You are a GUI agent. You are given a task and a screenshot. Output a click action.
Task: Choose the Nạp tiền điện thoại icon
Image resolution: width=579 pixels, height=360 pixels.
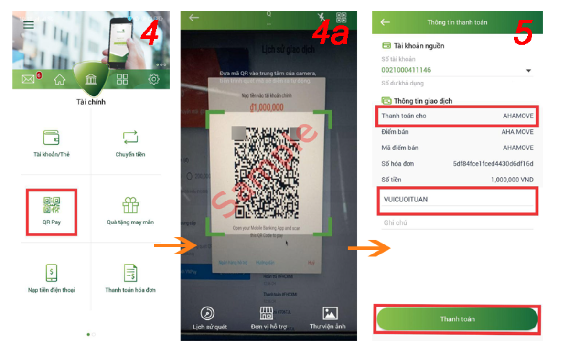click(x=51, y=274)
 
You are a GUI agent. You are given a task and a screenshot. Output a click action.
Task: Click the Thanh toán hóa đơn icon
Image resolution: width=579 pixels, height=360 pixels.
click(x=130, y=273)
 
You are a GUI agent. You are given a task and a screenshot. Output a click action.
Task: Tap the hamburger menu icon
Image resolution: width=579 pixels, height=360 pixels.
click(x=29, y=25)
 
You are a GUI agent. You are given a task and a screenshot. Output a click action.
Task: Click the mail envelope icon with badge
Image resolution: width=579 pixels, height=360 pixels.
click(x=29, y=79)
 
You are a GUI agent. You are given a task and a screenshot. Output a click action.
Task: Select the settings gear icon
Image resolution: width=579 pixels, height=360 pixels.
click(x=154, y=79)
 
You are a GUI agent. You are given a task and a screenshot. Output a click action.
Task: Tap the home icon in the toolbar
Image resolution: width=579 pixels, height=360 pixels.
click(x=59, y=80)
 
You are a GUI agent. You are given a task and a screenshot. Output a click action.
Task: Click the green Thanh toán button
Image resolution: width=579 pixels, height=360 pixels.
click(x=457, y=319)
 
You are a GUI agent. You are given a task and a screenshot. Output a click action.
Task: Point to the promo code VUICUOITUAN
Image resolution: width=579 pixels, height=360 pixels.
click(x=406, y=199)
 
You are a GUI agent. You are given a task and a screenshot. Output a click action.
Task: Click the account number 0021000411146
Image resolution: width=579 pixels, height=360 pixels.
click(x=406, y=70)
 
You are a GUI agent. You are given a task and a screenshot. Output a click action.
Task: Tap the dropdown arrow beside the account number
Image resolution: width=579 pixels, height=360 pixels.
click(x=528, y=71)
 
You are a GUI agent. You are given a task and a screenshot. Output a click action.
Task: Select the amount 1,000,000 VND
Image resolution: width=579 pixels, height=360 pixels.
click(x=512, y=180)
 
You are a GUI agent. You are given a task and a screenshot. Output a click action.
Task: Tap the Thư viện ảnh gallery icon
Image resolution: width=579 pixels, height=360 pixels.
click(x=330, y=313)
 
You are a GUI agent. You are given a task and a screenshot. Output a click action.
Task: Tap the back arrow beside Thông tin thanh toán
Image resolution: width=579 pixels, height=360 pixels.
click(x=385, y=22)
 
